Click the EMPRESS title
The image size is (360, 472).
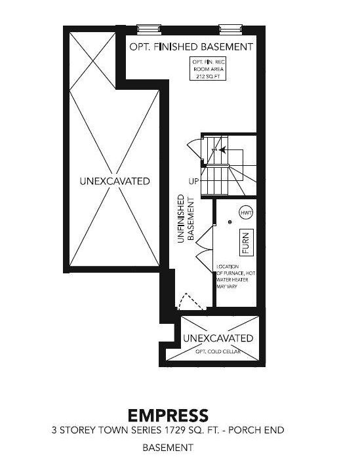point(168,416)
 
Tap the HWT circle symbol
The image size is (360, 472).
point(246,213)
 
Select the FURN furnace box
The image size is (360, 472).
point(246,243)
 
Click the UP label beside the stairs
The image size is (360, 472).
point(194,182)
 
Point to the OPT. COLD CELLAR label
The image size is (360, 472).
point(218,351)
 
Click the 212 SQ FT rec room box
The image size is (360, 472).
point(208,69)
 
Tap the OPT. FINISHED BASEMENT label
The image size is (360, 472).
point(191,47)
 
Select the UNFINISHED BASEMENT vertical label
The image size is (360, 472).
point(186,218)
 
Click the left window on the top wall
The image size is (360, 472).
point(149,29)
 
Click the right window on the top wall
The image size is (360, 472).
point(231,29)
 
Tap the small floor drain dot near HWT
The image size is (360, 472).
point(230,222)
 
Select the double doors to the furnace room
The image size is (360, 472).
point(205,250)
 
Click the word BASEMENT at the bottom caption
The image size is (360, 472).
point(167,447)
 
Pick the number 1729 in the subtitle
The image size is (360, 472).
point(174,430)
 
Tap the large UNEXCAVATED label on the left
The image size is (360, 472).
point(115,181)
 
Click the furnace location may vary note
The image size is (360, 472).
point(235,277)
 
